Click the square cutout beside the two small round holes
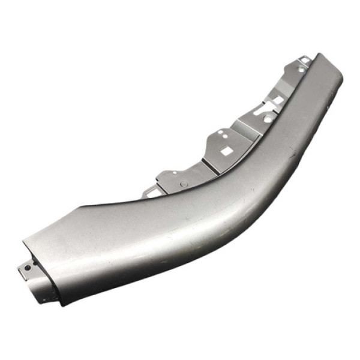[226, 151]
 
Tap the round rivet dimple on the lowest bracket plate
[184, 184]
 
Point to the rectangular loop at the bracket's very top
[305, 60]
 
